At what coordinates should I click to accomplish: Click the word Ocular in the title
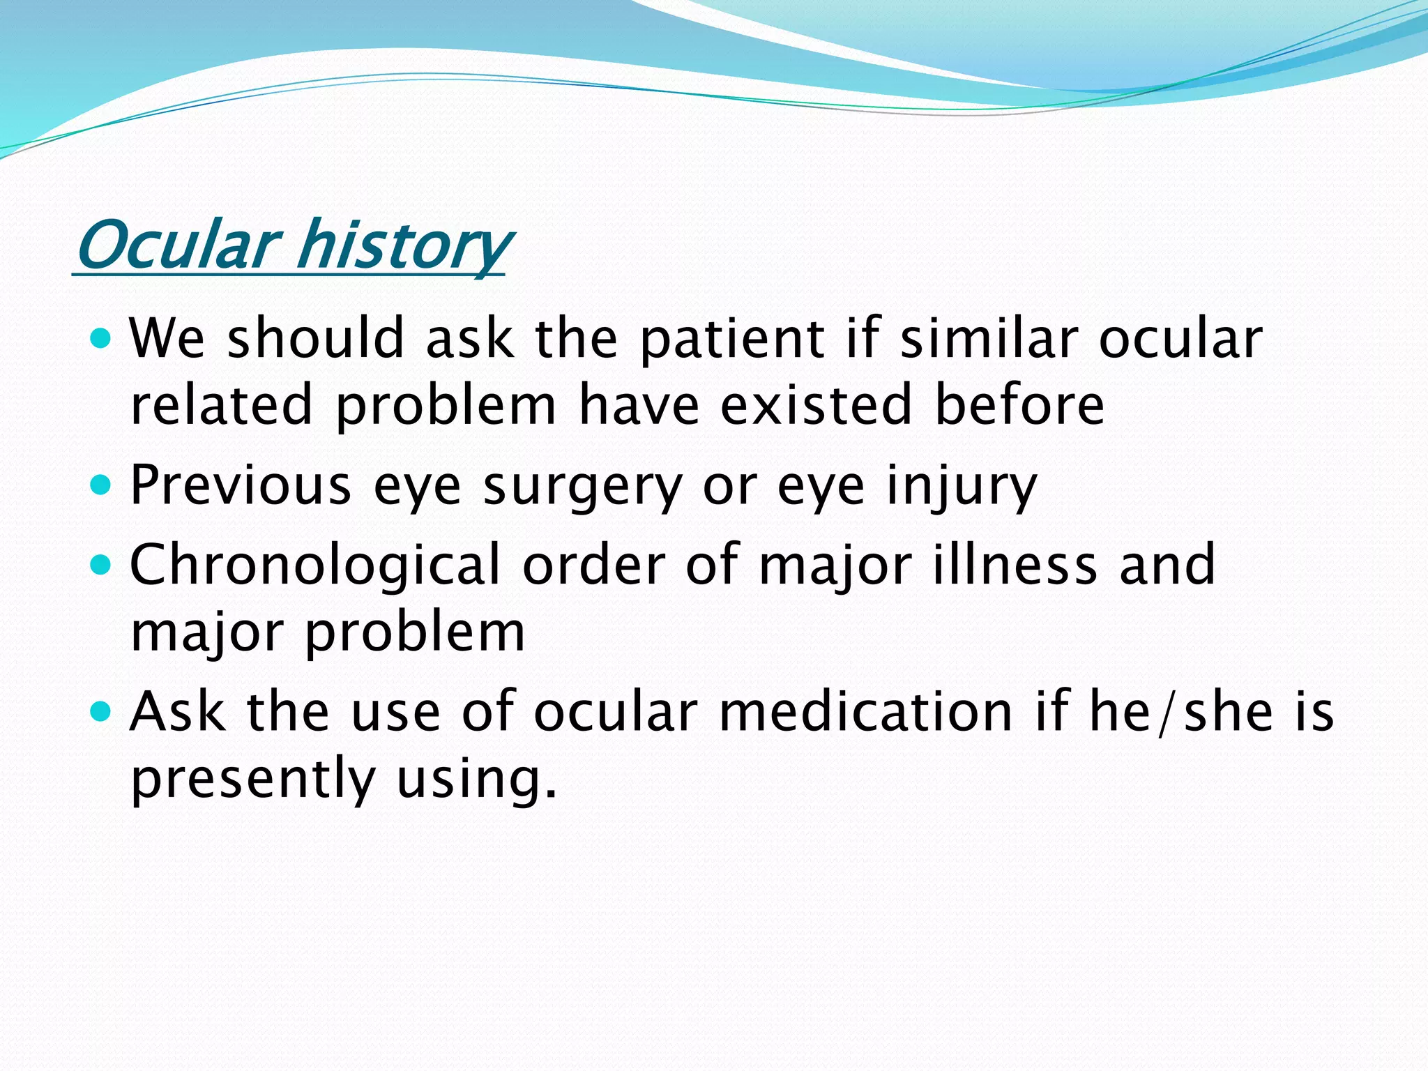coord(178,245)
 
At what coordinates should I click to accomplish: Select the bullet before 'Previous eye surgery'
coord(102,485)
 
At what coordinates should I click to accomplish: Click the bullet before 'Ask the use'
coord(102,711)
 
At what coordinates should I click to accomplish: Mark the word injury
coord(962,487)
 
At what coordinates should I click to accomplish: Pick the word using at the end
coord(478,780)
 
